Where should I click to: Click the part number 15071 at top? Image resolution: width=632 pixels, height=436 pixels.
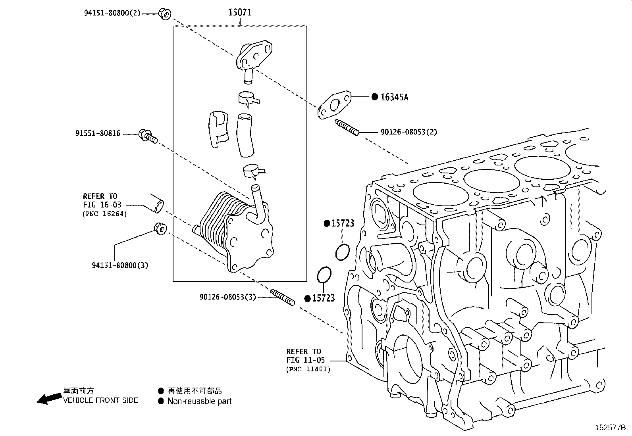point(239,12)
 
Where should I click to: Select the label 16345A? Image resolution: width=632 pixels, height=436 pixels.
point(394,97)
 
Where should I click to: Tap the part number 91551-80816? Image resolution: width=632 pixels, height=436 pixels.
point(98,134)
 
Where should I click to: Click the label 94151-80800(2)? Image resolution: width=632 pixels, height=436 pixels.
point(112,13)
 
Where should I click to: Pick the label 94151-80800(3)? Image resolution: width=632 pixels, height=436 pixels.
point(120,265)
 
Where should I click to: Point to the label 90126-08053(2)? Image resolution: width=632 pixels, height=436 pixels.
point(408,132)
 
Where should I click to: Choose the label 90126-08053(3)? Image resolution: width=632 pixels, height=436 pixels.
point(227,297)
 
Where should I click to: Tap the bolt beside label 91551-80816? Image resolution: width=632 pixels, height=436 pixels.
point(148,136)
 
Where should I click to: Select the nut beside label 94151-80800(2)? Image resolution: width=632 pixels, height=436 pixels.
point(164,13)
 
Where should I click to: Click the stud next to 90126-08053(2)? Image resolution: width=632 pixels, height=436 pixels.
point(347,127)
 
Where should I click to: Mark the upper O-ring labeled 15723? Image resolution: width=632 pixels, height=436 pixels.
point(342,253)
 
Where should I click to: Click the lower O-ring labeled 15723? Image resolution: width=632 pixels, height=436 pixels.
point(324,275)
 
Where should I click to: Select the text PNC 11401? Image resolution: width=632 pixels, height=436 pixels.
point(308,369)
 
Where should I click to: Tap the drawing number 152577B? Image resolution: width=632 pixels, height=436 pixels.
point(610,428)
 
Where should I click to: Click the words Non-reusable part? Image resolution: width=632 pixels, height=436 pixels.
point(199,401)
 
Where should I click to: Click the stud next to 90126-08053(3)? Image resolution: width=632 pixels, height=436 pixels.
point(283,298)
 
